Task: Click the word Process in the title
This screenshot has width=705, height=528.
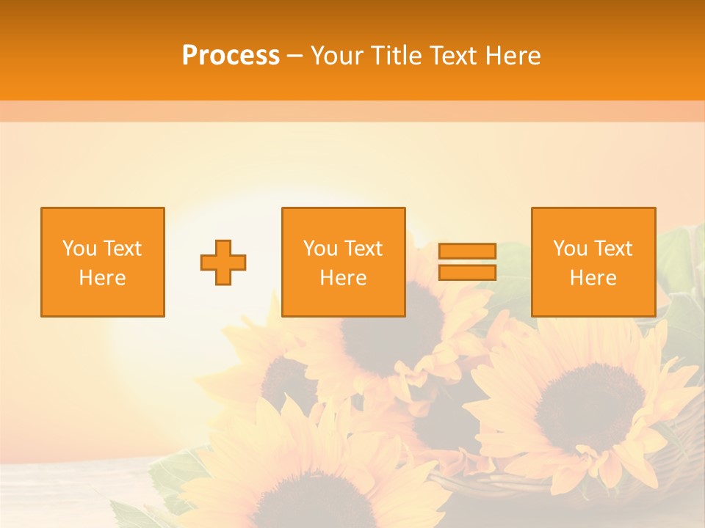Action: coord(231,56)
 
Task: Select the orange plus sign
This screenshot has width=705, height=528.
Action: coord(223,263)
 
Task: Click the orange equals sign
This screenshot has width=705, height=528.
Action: coord(467,262)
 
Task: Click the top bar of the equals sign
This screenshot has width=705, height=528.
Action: coord(467,251)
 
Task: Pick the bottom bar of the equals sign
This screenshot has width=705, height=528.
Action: coord(467,273)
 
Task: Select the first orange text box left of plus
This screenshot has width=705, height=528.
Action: coord(102,262)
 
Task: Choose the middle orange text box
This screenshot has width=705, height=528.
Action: coord(343,262)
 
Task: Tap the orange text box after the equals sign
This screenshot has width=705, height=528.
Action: coord(593,262)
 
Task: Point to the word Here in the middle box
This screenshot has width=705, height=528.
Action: coord(343,278)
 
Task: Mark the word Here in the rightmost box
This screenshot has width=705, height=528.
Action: coord(593,278)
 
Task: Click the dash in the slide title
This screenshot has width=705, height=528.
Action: coord(294,56)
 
